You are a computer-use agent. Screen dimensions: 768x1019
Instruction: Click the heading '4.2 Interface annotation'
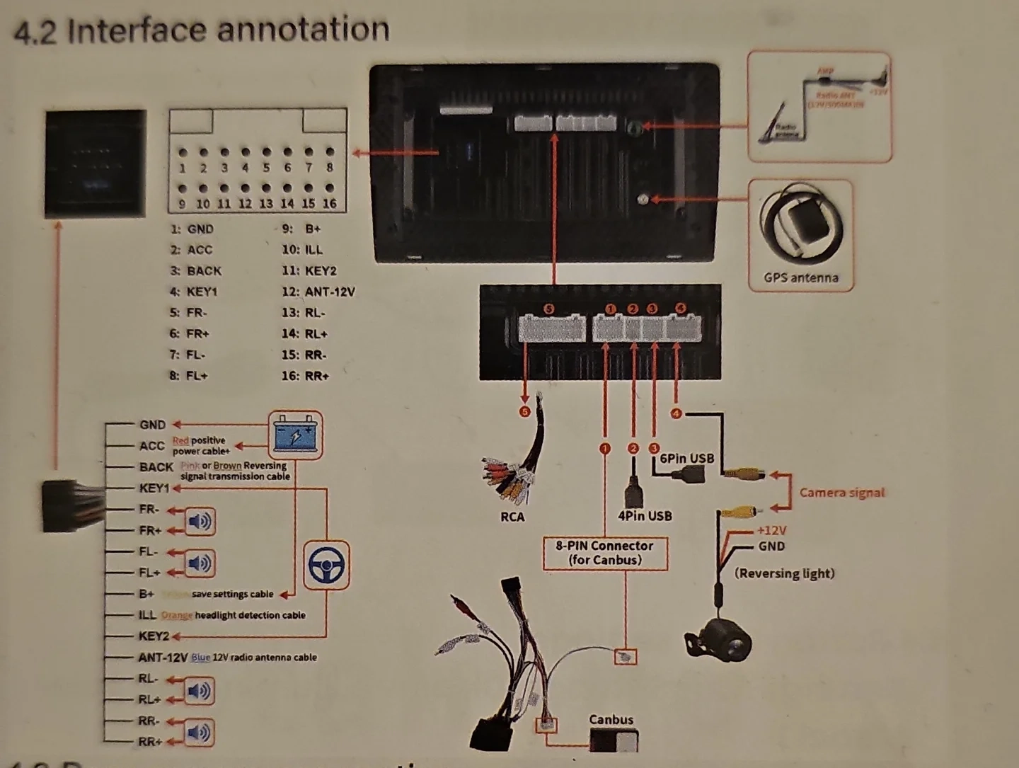coord(202,30)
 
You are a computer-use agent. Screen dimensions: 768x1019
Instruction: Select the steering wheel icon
coord(326,565)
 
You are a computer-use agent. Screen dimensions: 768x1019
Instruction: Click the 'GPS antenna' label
coord(801,277)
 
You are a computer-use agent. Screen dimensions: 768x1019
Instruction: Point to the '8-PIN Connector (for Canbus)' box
coord(605,553)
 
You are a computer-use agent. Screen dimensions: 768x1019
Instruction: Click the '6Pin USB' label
coord(686,458)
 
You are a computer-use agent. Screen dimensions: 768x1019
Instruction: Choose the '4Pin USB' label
coord(644,516)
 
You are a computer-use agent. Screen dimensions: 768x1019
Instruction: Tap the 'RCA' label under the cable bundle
coord(512,517)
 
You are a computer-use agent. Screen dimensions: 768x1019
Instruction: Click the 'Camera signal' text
coord(841,493)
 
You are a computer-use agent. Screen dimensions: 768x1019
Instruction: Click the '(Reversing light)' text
coord(784,573)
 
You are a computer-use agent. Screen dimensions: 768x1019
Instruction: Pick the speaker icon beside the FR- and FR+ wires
coord(200,522)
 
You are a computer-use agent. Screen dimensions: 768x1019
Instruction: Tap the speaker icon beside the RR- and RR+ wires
coord(199,732)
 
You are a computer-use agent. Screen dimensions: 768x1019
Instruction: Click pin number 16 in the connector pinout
coord(330,204)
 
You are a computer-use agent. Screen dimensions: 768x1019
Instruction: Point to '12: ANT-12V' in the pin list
coord(318,292)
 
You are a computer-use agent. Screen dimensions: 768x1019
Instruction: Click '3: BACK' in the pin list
coord(196,270)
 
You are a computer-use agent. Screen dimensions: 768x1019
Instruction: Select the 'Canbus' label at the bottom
coord(611,719)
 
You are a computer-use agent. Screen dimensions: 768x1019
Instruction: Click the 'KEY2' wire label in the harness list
coord(154,636)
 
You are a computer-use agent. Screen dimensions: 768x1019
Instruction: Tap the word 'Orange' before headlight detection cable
coord(176,615)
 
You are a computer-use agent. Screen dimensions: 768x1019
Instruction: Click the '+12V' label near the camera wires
coord(771,530)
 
